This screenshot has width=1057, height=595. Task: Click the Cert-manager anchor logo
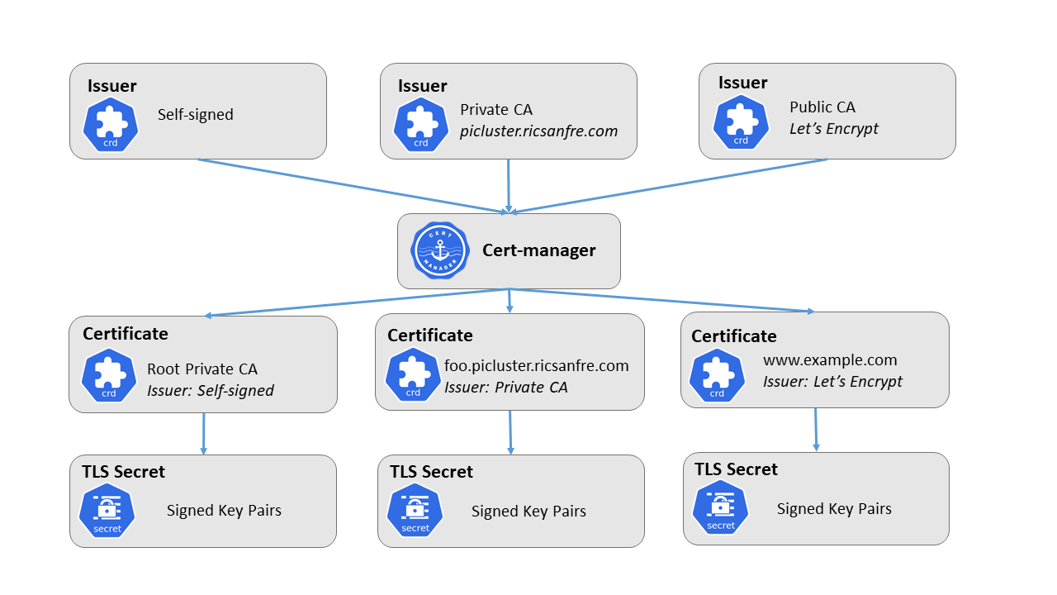pos(440,250)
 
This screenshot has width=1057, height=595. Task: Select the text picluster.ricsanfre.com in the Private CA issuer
pos(538,131)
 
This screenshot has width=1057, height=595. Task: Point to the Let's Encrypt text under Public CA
pos(834,129)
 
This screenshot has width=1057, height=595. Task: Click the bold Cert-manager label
pos(538,250)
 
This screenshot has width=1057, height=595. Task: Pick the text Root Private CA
pos(202,369)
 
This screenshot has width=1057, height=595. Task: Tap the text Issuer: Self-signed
pos(211,391)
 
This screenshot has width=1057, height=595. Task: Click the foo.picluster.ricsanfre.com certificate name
pos(536,366)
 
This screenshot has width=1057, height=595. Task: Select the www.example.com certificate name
pos(829,360)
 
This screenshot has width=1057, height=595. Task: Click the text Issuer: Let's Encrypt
pos(832,382)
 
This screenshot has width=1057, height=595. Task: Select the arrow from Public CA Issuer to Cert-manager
pos(669,186)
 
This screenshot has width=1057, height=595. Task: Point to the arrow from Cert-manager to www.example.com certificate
pos(661,301)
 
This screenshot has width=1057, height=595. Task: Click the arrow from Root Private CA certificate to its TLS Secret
pos(203,433)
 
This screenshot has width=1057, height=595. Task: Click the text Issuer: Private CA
pos(506,388)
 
